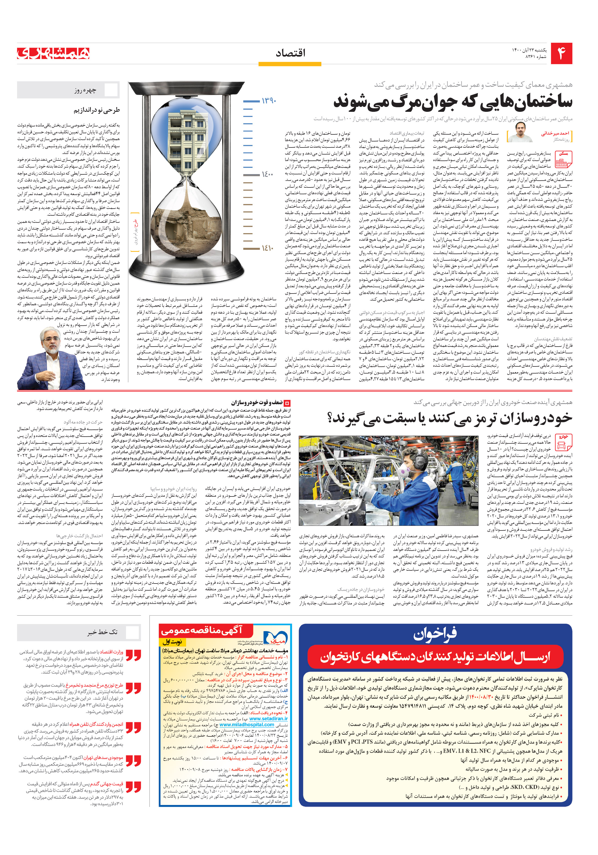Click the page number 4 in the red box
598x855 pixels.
pos(561,54)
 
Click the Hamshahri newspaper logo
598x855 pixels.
pos(53,53)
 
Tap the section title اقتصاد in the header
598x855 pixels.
pos(290,53)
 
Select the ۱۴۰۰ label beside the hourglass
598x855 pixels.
pos(267,174)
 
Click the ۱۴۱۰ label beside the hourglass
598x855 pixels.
pos(267,248)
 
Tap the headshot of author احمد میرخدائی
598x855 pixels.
pos(520,133)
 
